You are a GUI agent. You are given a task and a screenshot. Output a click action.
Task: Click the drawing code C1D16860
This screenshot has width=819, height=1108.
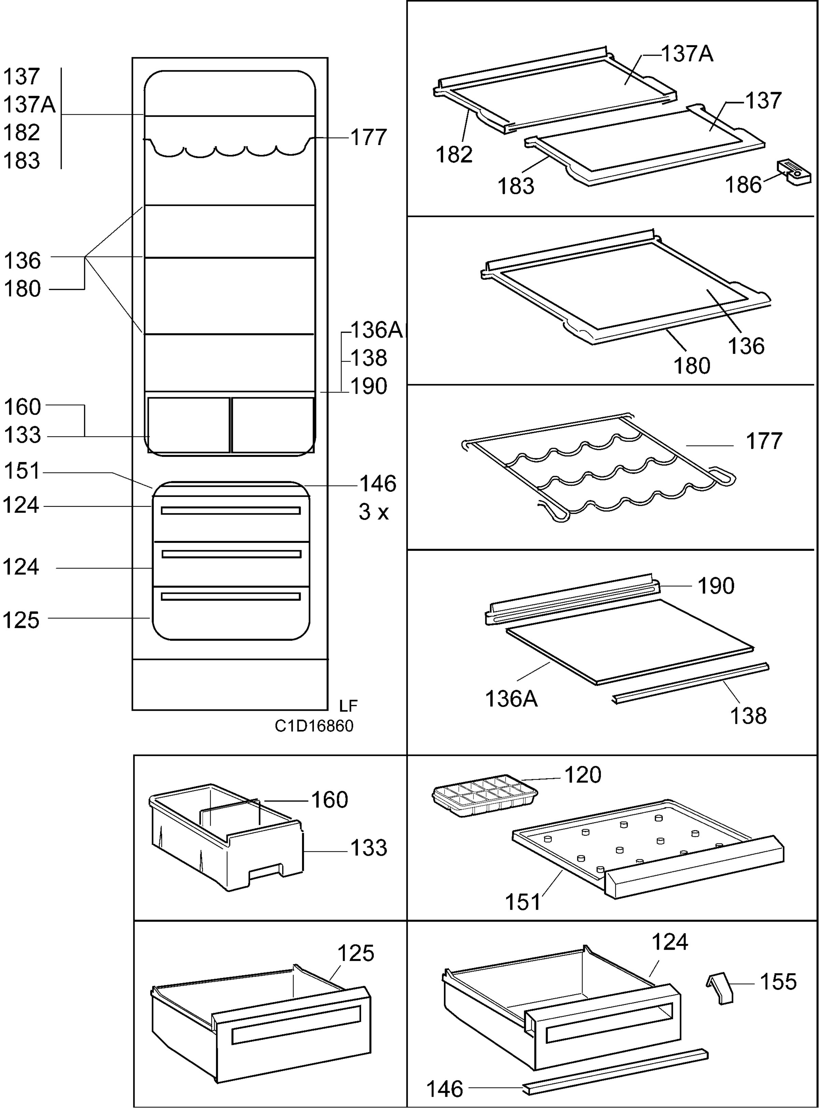click(314, 726)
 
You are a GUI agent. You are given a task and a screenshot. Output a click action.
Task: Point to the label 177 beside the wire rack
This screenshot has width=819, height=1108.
click(764, 441)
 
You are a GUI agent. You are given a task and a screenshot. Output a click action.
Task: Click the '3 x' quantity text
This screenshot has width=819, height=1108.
click(374, 512)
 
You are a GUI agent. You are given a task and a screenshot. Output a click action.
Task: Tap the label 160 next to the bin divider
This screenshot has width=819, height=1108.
click(330, 800)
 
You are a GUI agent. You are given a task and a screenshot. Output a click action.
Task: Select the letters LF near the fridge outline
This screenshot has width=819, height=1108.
click(348, 705)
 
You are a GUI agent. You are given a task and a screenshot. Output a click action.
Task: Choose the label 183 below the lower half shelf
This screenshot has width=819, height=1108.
click(516, 186)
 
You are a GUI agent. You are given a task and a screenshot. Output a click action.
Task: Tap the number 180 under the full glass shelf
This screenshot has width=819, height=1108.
click(692, 366)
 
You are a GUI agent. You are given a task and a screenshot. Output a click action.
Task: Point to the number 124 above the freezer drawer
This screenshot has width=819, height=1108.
click(670, 941)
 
